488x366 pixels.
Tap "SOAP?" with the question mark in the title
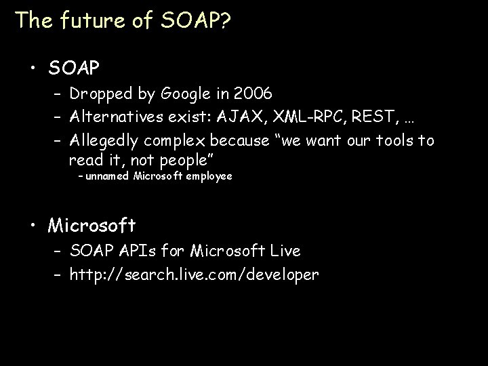tap(195, 20)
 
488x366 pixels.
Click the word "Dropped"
tap(98, 94)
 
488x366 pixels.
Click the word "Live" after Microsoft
tap(282, 251)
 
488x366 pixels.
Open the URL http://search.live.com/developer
tap(193, 274)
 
